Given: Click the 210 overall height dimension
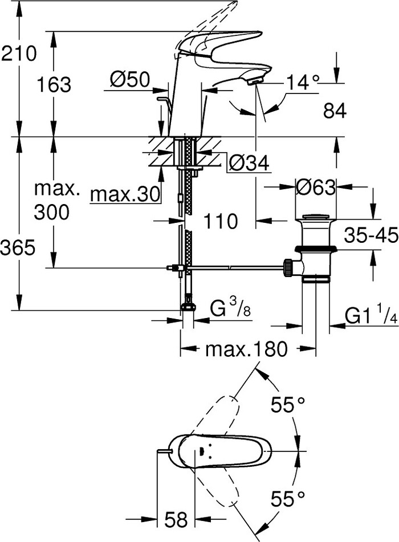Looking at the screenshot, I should click(x=18, y=54).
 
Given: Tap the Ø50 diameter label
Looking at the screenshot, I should click(x=129, y=80).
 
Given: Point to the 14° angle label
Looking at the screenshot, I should click(x=302, y=83).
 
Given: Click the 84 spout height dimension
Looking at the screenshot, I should click(x=335, y=112).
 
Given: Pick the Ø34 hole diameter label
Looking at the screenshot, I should click(x=248, y=164).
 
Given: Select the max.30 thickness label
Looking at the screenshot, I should click(x=125, y=195).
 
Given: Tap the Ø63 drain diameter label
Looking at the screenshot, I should click(x=315, y=186).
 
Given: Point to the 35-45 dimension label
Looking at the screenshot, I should click(x=370, y=235).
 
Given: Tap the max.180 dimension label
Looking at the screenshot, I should click(x=246, y=349).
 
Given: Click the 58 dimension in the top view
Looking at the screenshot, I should click(x=176, y=519).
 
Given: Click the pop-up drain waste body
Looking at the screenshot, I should click(x=315, y=251).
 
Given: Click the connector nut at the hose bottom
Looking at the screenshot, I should click(x=188, y=307).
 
